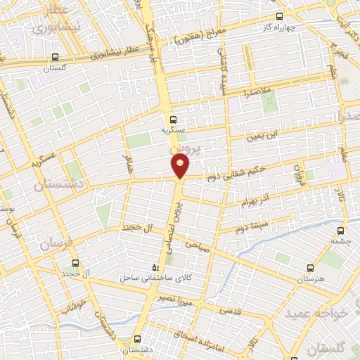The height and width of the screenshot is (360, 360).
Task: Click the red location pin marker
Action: tap(181, 166)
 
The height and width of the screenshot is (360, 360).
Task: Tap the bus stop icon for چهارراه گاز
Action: tap(279, 15)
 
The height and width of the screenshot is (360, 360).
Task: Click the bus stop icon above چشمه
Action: tap(342, 229)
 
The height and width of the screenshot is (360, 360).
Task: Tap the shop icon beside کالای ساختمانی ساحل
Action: tap(157, 268)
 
